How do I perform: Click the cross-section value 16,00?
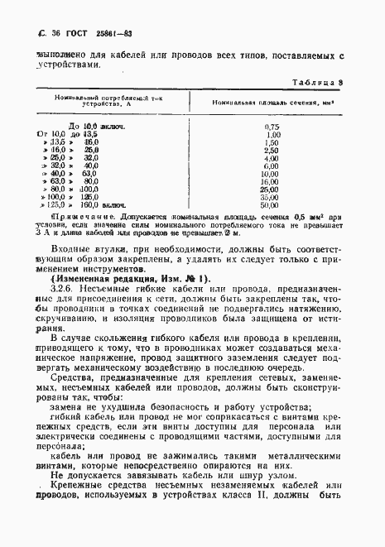click(272, 181)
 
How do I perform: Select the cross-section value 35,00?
click(272, 198)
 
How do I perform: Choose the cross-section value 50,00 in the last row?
click(272, 205)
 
